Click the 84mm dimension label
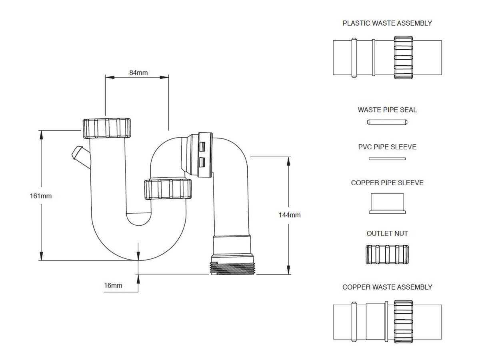tap(138, 72)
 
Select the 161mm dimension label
tap(41, 196)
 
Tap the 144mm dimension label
tap(289, 215)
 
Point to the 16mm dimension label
tap(113, 285)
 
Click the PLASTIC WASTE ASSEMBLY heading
tap(387, 23)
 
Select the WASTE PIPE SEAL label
tap(387, 110)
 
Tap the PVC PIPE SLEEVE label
tap(387, 147)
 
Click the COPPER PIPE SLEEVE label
tap(387, 183)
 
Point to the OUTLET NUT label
tap(387, 233)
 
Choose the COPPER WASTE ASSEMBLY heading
tap(387, 287)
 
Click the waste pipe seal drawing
tap(387, 122)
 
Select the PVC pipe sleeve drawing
tap(387, 159)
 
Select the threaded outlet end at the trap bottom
tap(233, 268)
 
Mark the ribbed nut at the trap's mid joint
tap(168, 189)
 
